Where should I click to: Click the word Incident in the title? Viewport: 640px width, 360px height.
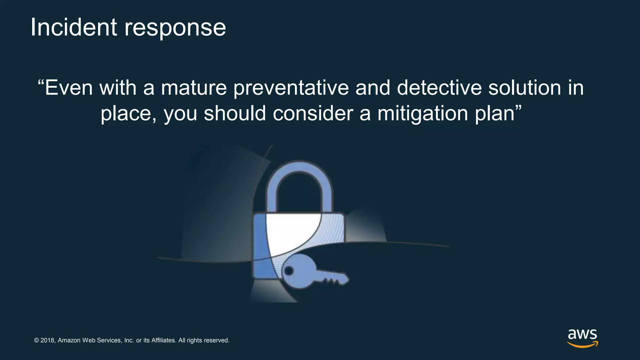click(73, 27)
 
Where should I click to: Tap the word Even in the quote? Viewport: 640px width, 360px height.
click(69, 88)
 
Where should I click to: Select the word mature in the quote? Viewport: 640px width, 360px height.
click(193, 88)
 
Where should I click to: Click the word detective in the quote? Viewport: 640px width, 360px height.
click(439, 88)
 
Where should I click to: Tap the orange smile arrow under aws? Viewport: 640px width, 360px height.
click(582, 345)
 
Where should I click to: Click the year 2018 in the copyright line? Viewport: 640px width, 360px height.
click(47, 340)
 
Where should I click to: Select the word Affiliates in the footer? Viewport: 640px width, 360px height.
click(164, 340)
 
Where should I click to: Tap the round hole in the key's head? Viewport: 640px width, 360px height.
click(289, 271)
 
